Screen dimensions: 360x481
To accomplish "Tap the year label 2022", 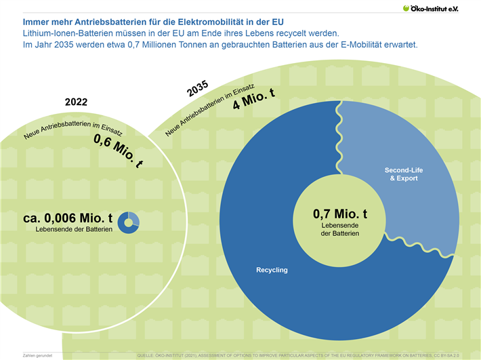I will pos(76,102).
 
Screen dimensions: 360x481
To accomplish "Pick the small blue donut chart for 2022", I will pos(128,222).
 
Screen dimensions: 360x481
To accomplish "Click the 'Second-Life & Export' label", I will pos(403,174).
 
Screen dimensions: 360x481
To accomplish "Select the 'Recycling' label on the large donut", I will pos(272,270).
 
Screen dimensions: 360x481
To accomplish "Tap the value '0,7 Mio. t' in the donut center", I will pos(339,214).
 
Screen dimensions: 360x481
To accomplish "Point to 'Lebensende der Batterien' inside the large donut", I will pos(339,229).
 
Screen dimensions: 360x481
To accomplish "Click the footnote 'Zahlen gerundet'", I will pos(37,355).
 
